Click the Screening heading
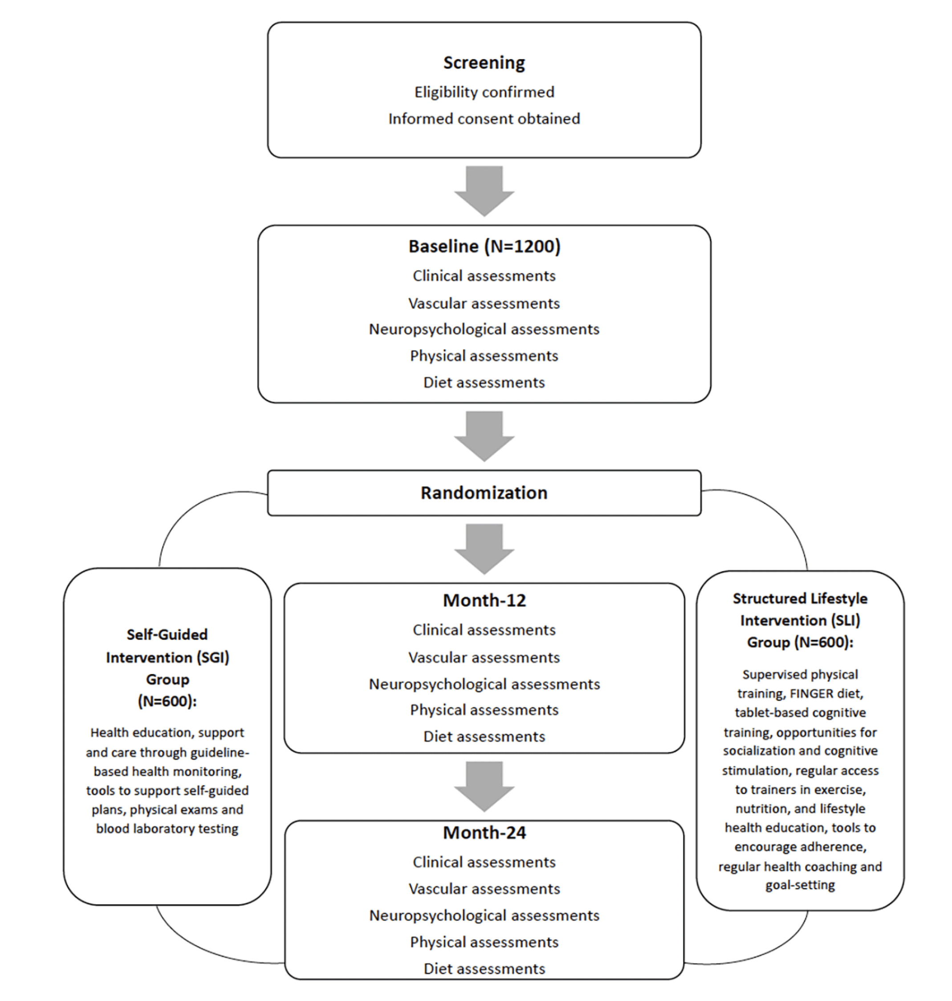[484, 63]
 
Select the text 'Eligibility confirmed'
[484, 92]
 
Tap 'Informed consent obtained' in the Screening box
[484, 119]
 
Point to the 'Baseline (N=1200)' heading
[484, 247]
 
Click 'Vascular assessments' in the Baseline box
[484, 303]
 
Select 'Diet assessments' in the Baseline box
[484, 382]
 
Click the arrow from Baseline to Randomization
[484, 436]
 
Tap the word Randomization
[484, 493]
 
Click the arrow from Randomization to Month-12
[484, 549]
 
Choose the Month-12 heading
[484, 601]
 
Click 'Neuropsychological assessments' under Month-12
[484, 684]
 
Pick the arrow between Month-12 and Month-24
[484, 786]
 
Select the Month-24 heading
[484, 833]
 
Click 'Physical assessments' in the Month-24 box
[484, 942]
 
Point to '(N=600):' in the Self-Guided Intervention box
[167, 702]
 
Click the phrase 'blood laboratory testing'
[167, 829]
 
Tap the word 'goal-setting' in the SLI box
[800, 885]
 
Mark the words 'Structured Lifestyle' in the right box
[800, 598]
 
